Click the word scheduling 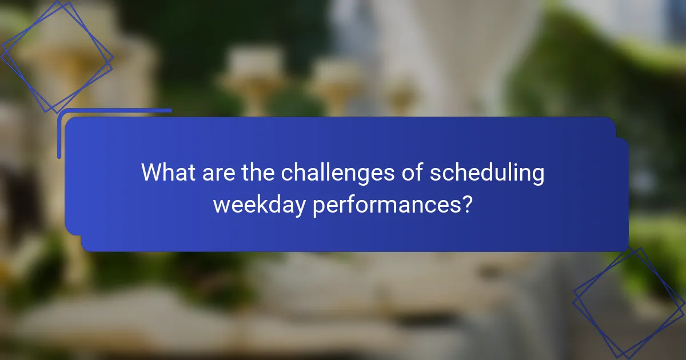(x=486, y=173)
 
